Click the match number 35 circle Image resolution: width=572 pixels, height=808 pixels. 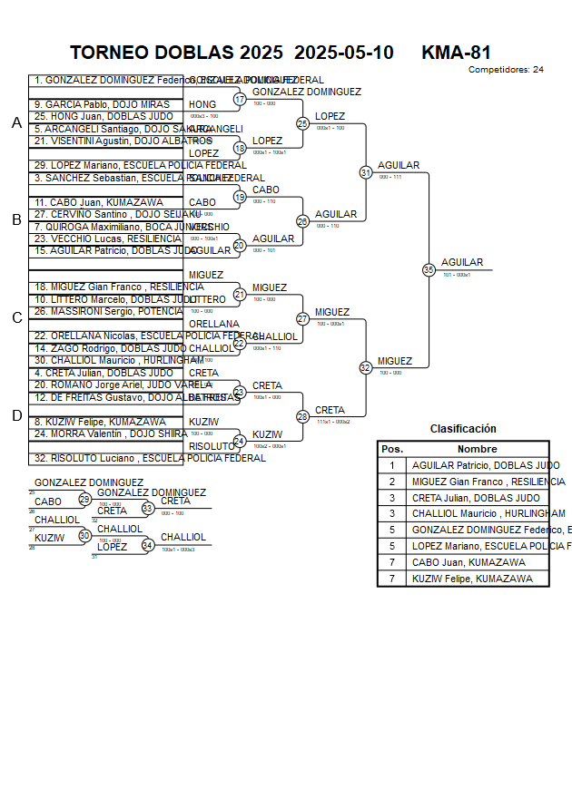click(429, 269)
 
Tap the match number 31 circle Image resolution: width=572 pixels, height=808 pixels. click(366, 171)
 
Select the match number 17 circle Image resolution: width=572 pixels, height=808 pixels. click(240, 99)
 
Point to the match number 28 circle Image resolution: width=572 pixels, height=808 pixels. click(303, 416)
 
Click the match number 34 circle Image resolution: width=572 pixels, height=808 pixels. click(147, 545)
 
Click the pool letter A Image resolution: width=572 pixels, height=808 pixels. click(16, 123)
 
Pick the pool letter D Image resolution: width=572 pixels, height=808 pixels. click(16, 415)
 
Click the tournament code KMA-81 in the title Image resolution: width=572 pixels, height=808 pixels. click(456, 53)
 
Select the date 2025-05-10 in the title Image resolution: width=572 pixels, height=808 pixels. click(344, 53)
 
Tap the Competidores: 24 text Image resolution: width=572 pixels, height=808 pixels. click(506, 70)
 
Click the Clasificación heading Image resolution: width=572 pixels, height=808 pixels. click(463, 429)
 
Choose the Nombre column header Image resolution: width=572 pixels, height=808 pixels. click(477, 449)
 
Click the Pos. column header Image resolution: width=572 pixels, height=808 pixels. click(392, 449)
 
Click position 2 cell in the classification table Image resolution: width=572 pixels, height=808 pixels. click(392, 482)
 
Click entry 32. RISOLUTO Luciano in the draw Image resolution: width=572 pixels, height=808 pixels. click(150, 458)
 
